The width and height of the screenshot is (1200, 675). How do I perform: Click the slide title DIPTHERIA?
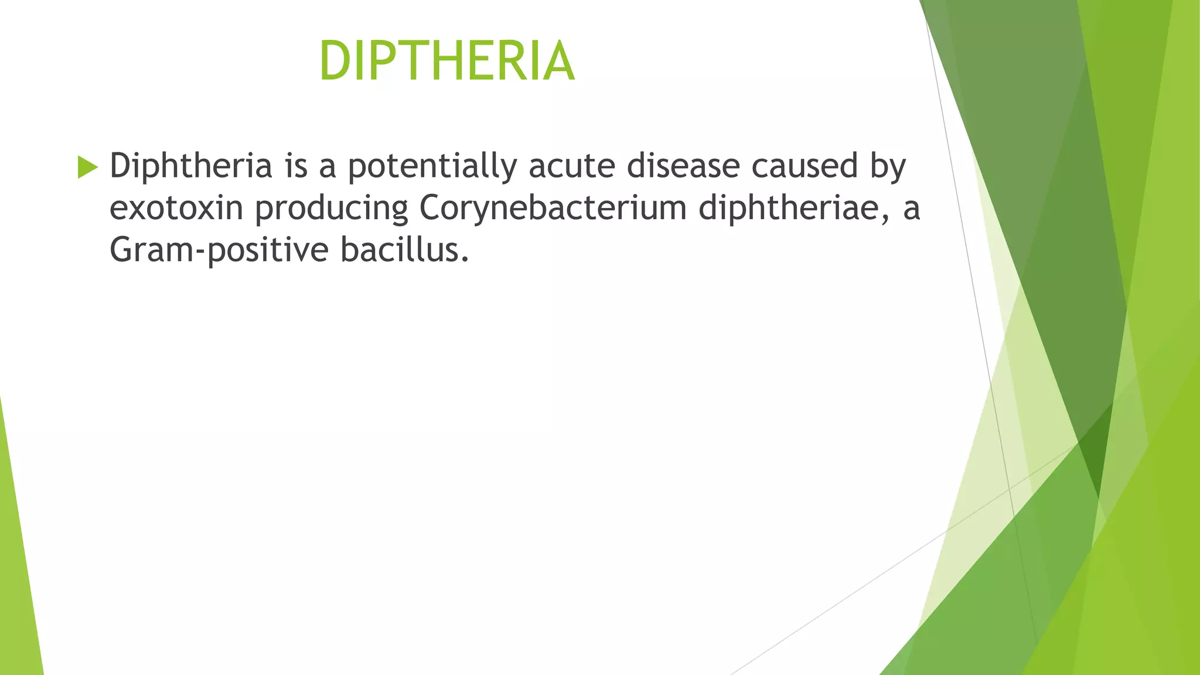(447, 61)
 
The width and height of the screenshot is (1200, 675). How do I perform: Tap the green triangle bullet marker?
(87, 168)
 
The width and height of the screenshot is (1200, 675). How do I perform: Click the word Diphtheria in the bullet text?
(191, 166)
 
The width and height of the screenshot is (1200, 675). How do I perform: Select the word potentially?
(432, 167)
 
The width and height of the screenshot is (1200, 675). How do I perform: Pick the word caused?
(805, 166)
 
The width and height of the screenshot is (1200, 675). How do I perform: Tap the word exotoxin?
(176, 209)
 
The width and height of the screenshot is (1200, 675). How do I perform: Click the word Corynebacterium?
(553, 209)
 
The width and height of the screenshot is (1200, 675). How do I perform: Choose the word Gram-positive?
(219, 251)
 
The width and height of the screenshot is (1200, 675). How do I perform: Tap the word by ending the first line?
(888, 167)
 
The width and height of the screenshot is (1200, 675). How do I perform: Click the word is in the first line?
(296, 166)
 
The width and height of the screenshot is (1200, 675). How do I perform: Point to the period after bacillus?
(465, 260)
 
